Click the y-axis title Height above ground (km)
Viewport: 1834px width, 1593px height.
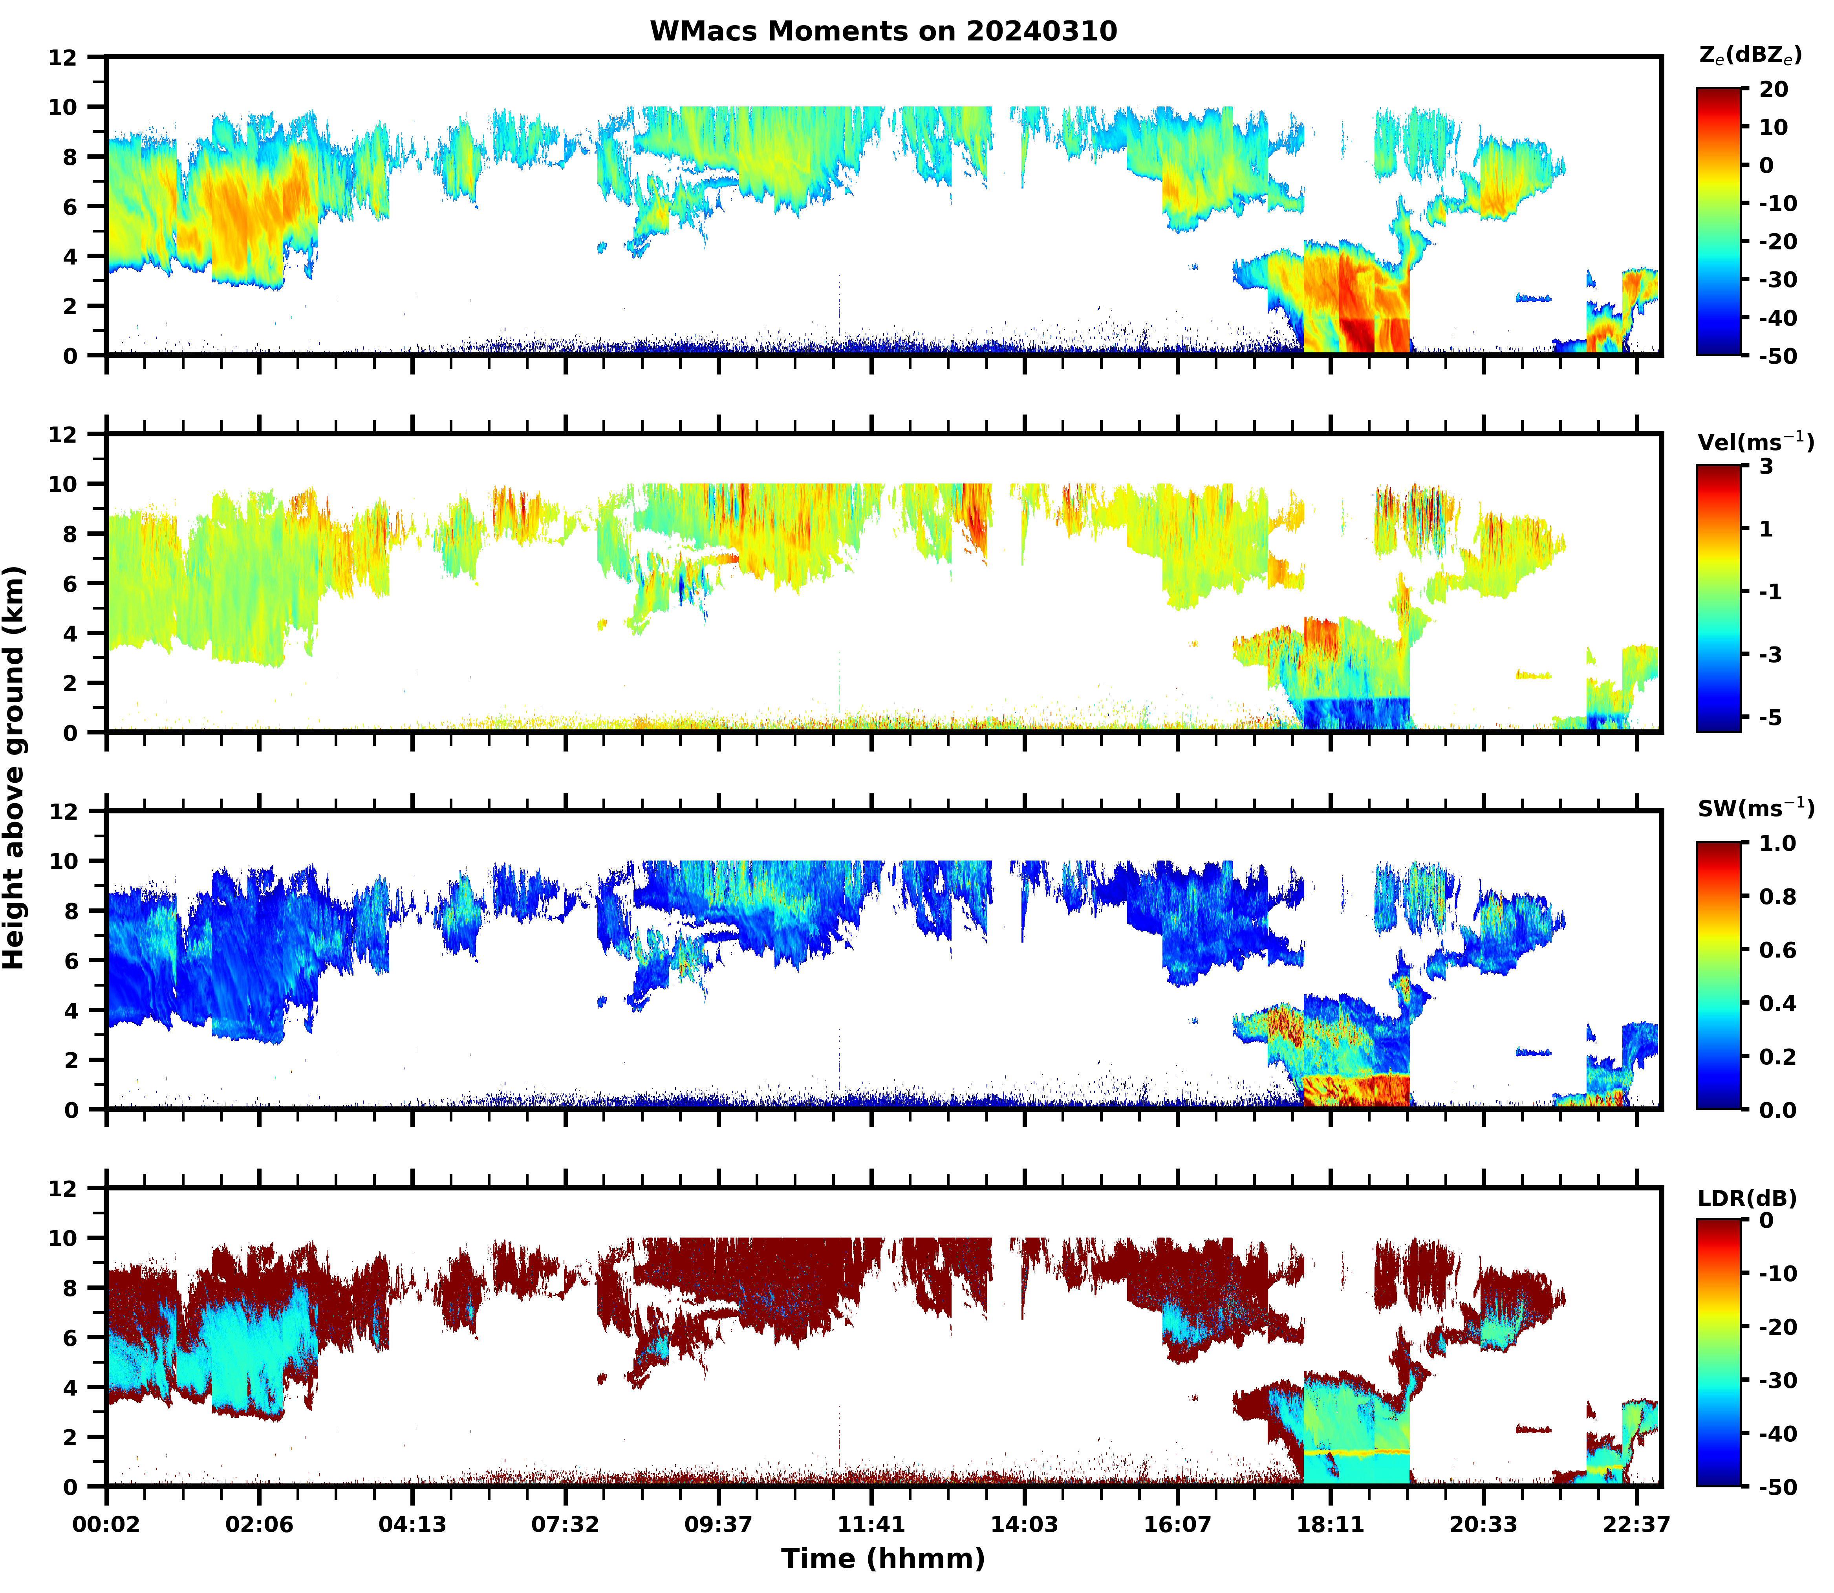[x=14, y=767]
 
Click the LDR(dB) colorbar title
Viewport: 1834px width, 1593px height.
[x=1747, y=1198]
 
